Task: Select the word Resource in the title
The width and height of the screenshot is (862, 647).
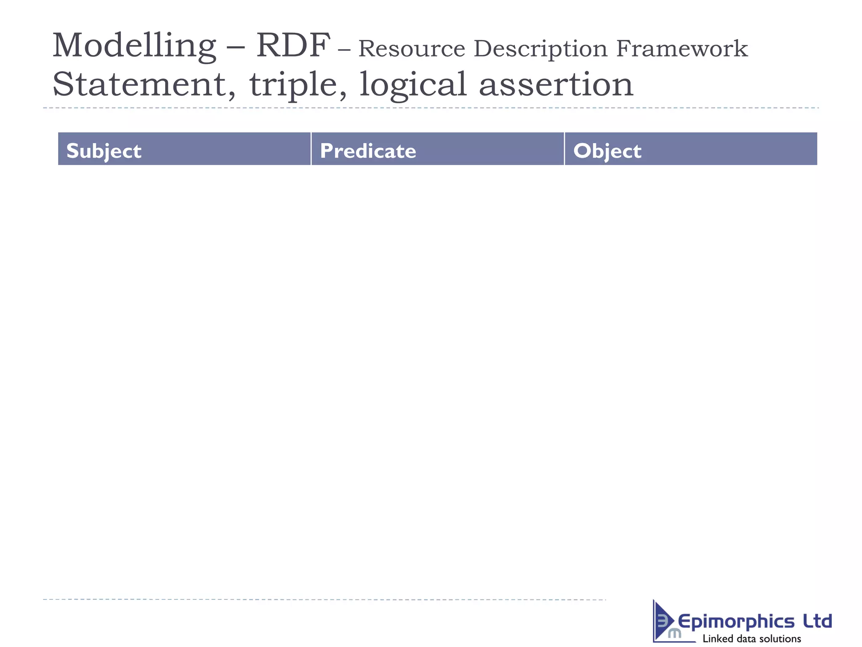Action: coord(411,48)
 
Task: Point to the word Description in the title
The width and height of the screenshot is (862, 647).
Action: coord(540,49)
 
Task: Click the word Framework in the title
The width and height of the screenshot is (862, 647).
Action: coord(682,48)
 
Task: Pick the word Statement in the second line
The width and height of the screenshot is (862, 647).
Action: coord(139,84)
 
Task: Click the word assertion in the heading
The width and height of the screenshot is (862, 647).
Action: coord(556,84)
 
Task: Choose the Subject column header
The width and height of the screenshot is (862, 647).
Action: coord(104,151)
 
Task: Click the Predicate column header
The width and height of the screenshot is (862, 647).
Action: coord(368,151)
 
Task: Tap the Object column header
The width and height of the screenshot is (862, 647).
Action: coord(607,151)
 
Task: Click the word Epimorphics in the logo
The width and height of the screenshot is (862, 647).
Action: coord(736,622)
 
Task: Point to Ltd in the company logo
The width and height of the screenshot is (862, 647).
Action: coord(817,621)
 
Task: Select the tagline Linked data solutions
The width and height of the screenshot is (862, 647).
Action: coord(752,639)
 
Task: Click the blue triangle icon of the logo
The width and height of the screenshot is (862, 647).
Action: coord(662,621)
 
